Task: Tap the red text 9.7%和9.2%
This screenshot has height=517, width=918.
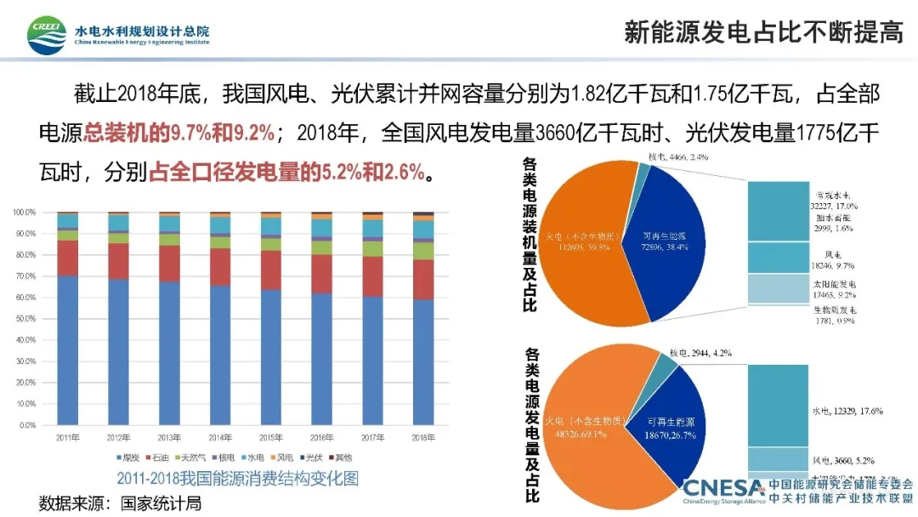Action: point(222,133)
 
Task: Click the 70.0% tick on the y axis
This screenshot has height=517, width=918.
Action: point(25,276)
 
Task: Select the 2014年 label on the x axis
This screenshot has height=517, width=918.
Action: point(219,438)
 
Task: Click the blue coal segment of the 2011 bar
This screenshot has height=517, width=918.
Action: point(67,349)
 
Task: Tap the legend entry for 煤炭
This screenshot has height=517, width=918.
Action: point(127,457)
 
